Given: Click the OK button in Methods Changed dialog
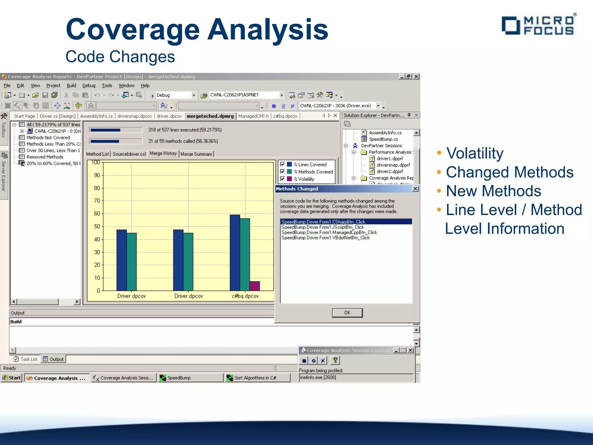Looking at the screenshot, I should pyautogui.click(x=347, y=313).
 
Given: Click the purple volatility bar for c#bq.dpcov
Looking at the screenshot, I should pyautogui.click(x=255, y=286).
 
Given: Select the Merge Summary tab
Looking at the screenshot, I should pyautogui.click(x=196, y=154).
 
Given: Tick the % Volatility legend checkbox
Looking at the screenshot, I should pyautogui.click(x=283, y=179).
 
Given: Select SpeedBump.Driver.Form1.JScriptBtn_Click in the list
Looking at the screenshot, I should pyautogui.click(x=323, y=227).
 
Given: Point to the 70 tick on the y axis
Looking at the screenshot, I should pyautogui.click(x=97, y=200).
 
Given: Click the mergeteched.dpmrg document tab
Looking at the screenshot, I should pyautogui.click(x=210, y=116).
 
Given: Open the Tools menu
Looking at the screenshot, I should pyautogui.click(x=107, y=85).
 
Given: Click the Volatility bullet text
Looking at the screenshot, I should pyautogui.click(x=475, y=153).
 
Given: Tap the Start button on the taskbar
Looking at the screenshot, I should pyautogui.click(x=12, y=377).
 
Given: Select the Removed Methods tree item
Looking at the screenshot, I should pyautogui.click(x=45, y=157).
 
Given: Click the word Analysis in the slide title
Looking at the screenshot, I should pyautogui.click(x=268, y=30).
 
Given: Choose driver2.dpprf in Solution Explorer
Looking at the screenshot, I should pyautogui.click(x=389, y=171).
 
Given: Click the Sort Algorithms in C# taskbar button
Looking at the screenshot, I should pyautogui.click(x=255, y=377).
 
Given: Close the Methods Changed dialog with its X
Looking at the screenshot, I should pyautogui.click(x=415, y=189).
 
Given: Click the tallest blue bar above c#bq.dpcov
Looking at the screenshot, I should pyautogui.click(x=235, y=252).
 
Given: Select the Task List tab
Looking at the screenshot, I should pyautogui.click(x=26, y=359).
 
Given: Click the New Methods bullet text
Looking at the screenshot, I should pyautogui.click(x=493, y=191).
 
